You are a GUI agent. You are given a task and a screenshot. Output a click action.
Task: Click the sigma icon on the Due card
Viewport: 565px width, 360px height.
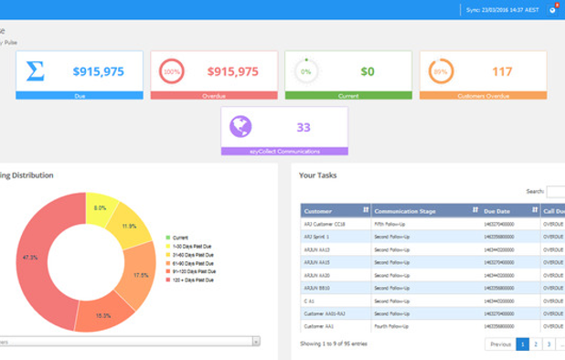coord(35,70)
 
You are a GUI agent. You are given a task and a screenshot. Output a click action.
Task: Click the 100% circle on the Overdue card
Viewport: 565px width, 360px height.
coord(170,70)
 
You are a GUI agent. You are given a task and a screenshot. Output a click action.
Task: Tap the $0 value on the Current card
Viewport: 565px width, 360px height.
coord(368,71)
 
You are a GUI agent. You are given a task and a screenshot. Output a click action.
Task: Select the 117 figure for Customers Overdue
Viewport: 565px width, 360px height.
coord(502,71)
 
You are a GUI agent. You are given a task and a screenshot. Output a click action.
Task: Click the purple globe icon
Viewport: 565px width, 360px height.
coord(241,126)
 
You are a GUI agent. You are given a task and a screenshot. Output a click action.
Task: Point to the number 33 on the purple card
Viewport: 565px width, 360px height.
coord(304,127)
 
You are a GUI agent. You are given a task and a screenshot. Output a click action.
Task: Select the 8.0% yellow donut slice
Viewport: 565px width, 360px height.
coord(101,208)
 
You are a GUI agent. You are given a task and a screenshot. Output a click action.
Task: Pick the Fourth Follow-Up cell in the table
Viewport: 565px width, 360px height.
coord(392,325)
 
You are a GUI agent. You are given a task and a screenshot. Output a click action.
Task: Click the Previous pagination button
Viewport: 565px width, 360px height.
coord(499,344)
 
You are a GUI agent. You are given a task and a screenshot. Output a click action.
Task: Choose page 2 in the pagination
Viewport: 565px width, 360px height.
coord(536,344)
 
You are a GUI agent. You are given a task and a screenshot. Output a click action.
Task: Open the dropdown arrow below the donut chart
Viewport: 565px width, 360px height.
coord(255,341)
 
